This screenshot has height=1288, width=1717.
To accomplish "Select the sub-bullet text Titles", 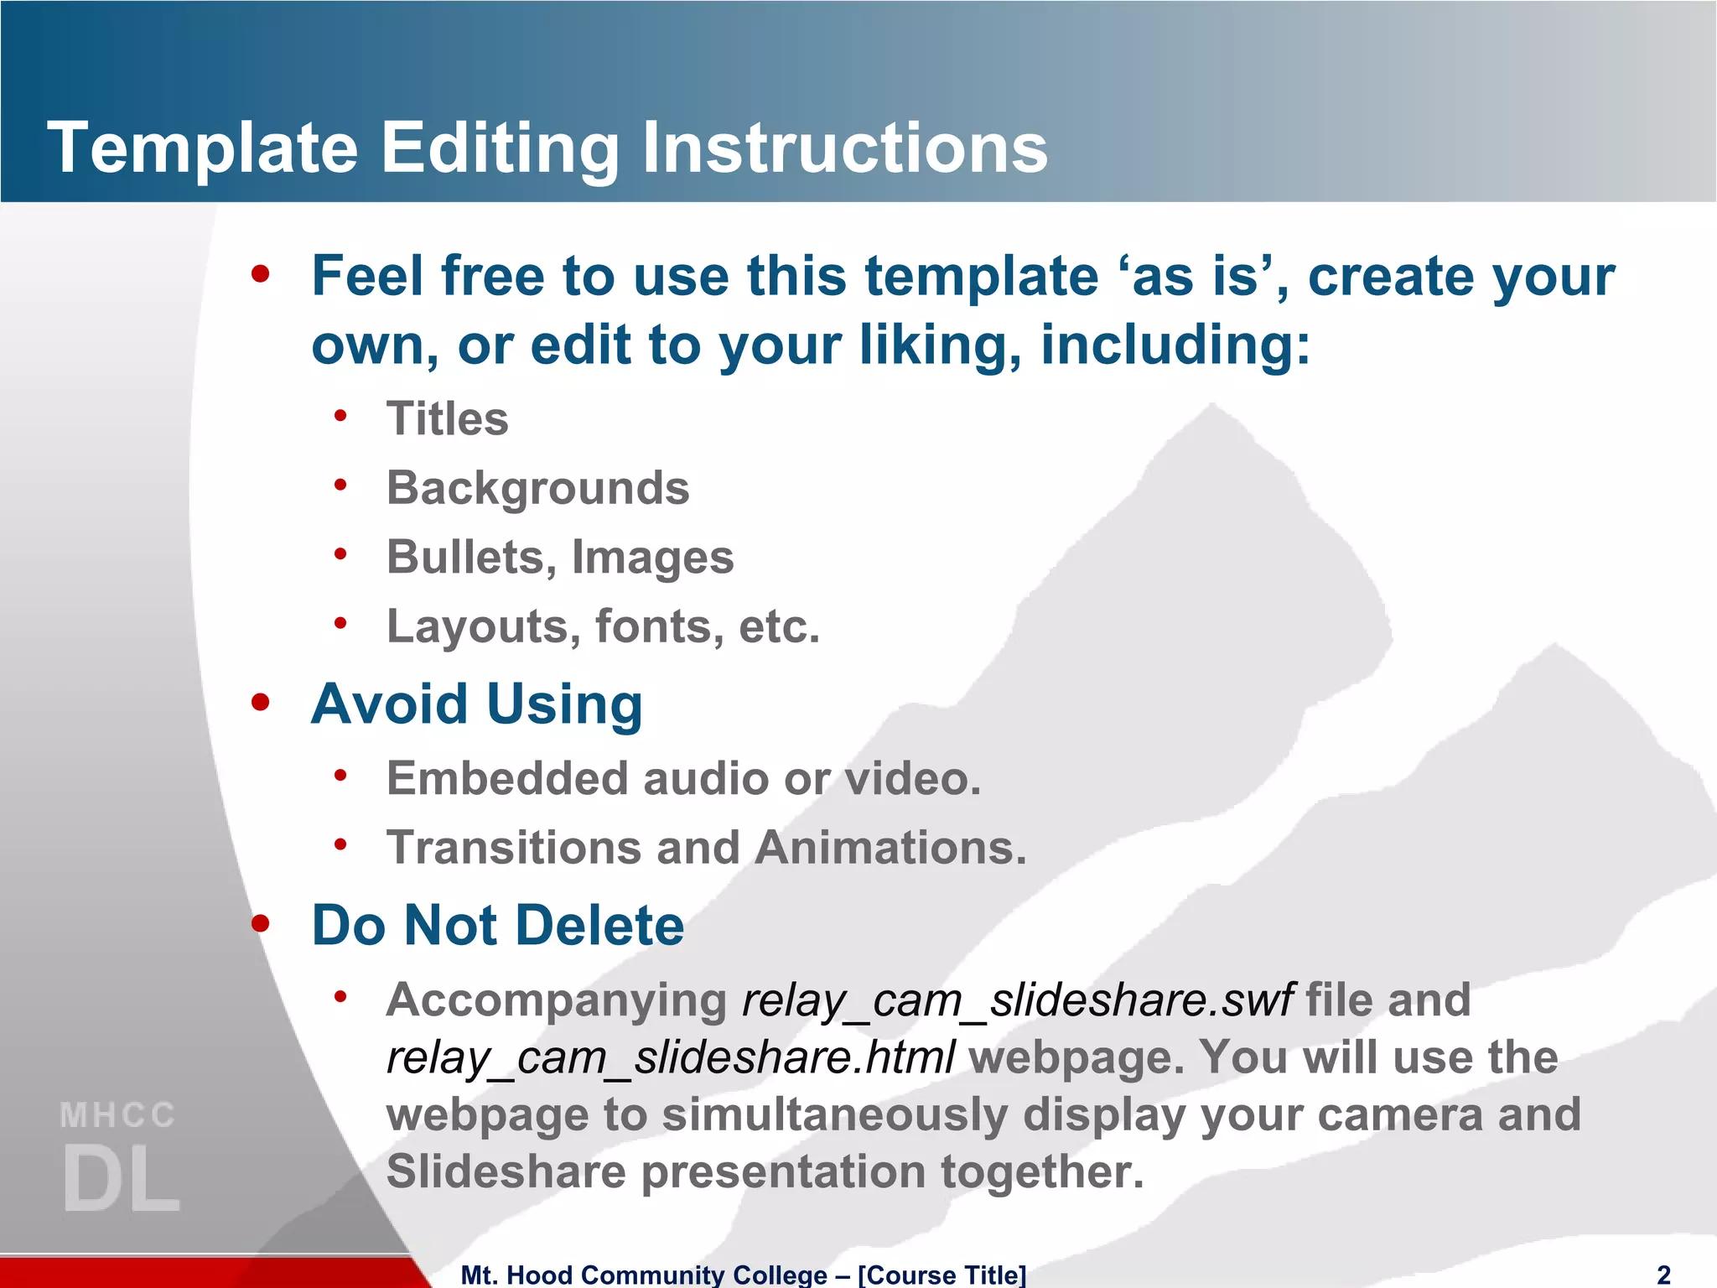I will click(447, 418).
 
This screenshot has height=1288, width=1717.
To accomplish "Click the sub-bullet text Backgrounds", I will click(537, 488).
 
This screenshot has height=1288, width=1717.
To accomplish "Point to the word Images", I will click(652, 558).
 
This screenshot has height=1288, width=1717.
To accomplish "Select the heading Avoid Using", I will click(476, 704).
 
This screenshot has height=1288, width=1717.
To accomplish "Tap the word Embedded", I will click(507, 779).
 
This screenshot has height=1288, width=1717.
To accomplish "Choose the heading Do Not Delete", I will click(498, 925).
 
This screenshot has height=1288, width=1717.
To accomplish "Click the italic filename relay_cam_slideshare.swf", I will click(1018, 1000).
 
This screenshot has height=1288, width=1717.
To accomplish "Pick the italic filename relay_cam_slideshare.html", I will click(670, 1057).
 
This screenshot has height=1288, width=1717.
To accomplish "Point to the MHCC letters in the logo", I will click(118, 1115).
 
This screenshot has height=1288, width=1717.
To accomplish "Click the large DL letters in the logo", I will click(122, 1179).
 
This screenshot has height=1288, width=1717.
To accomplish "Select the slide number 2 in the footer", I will click(1663, 1275).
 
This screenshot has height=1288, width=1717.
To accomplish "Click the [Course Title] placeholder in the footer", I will click(941, 1275).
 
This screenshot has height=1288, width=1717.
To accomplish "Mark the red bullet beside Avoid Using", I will click(261, 702).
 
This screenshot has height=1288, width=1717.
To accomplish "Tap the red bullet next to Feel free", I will click(261, 273).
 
